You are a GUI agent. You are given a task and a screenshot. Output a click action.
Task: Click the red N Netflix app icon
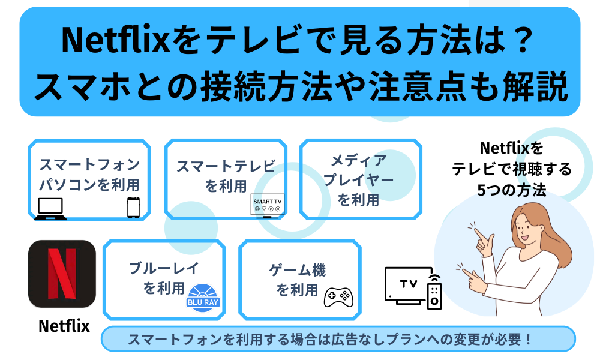click(x=62, y=274)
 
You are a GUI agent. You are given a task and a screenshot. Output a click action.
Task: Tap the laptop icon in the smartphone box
click(x=50, y=209)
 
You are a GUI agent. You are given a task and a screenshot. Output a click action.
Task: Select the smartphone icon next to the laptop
click(x=133, y=208)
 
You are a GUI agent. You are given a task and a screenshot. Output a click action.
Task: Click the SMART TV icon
click(x=268, y=206)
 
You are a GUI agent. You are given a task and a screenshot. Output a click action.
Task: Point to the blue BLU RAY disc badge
click(x=203, y=298)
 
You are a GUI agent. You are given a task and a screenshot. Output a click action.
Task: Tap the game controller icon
click(x=338, y=297)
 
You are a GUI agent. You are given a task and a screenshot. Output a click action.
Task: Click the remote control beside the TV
click(x=434, y=292)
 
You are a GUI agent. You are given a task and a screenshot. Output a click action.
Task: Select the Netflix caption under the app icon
click(x=64, y=326)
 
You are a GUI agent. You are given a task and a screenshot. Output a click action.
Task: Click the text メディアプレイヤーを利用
click(x=359, y=180)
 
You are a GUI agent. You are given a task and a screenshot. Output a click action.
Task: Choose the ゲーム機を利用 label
click(x=298, y=280)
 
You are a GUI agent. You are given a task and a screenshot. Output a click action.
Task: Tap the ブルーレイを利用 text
click(x=164, y=278)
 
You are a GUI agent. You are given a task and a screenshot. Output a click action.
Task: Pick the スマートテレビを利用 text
click(x=226, y=176)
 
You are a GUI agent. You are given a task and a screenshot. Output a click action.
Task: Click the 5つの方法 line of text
click(x=512, y=190)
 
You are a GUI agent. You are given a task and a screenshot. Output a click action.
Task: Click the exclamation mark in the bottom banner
click(x=529, y=339)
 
